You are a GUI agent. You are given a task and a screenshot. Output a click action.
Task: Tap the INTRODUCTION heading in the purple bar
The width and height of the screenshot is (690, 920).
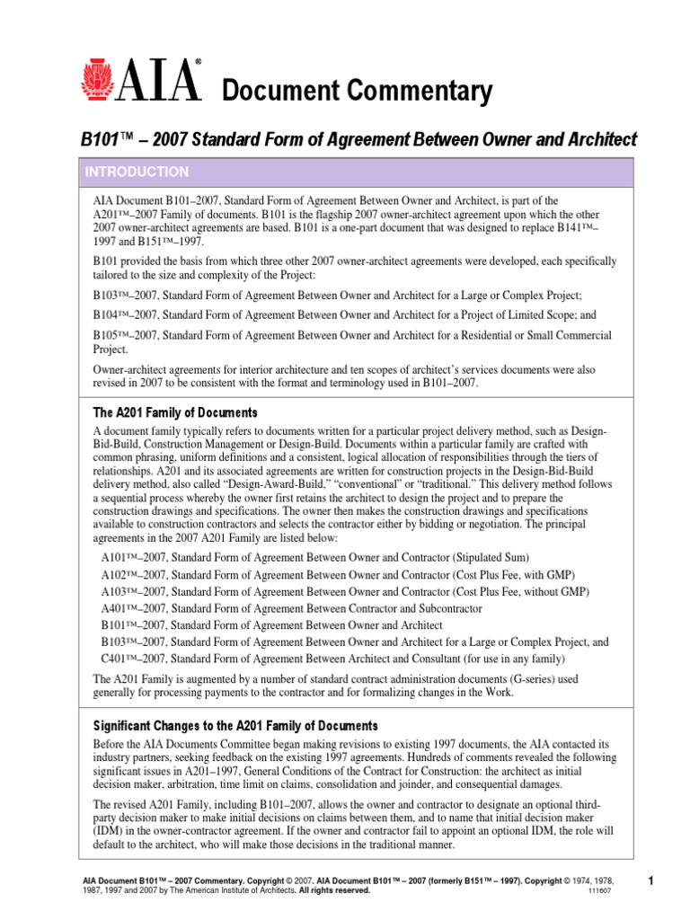tap(137, 172)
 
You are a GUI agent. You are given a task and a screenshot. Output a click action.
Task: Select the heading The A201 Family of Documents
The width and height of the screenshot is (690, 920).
tap(175, 412)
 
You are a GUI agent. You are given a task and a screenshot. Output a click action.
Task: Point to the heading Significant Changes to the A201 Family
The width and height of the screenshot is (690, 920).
tap(235, 725)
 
